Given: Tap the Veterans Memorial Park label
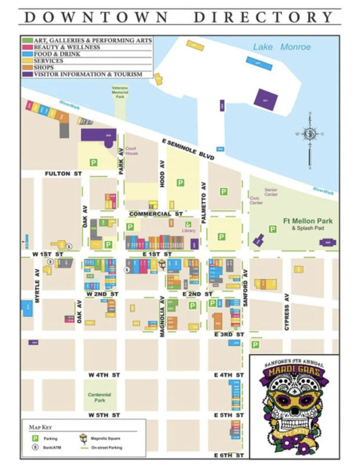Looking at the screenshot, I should [x=120, y=92].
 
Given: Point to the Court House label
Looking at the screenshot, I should [x=131, y=151].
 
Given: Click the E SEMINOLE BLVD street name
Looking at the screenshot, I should [x=189, y=144].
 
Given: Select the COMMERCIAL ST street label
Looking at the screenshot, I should [x=156, y=214].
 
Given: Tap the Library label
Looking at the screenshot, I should [x=189, y=231].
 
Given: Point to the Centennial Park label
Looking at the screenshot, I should [x=99, y=397].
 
